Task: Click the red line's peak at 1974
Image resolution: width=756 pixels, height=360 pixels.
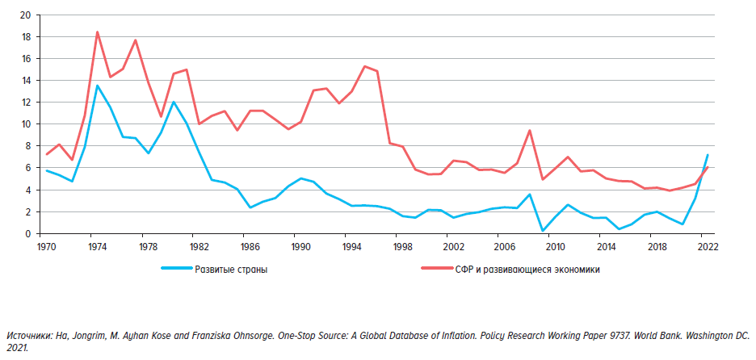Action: pos(97,32)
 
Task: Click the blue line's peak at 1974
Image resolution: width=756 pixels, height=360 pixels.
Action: pos(97,86)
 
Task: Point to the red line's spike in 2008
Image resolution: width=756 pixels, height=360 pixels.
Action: pos(529,131)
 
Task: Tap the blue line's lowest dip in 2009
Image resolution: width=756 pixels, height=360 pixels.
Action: pos(542,231)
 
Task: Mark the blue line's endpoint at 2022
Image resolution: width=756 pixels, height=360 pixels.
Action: pos(708,155)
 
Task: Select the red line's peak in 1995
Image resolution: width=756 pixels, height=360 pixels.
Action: pos(364,66)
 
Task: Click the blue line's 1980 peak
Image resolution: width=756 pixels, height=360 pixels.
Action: pos(173,102)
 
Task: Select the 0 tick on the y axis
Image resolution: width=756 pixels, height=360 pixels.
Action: pos(27,233)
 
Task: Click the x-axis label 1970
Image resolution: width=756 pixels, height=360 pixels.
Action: pos(46,245)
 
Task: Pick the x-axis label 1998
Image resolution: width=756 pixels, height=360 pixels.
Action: pos(401,245)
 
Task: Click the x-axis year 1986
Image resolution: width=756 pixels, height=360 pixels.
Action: pos(250,245)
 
